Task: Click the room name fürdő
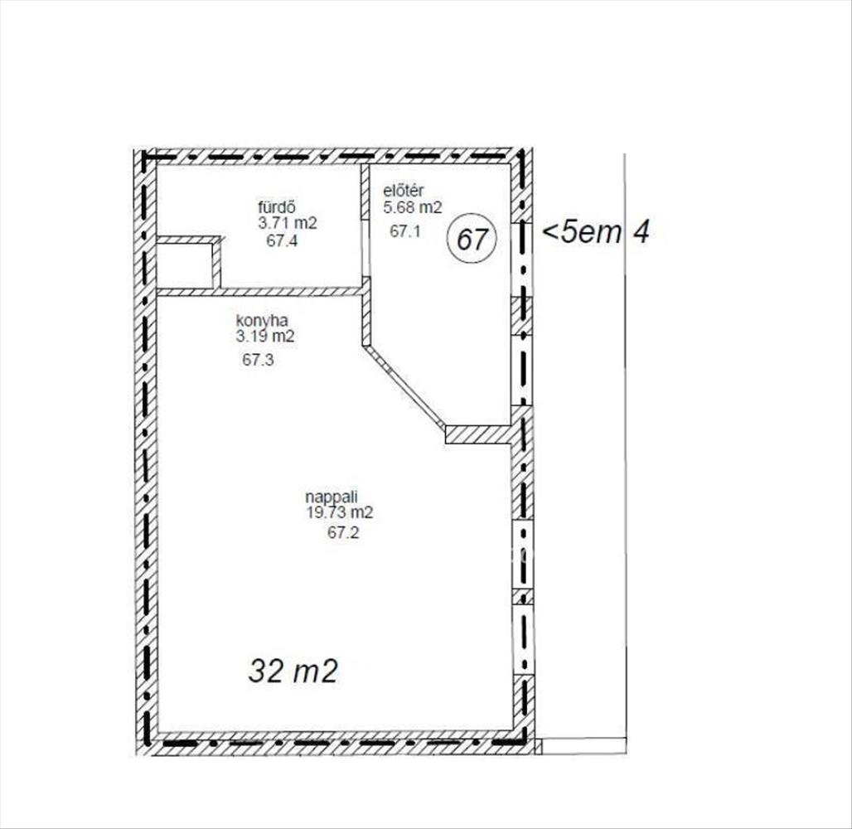click(277, 207)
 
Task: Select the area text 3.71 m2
click(288, 224)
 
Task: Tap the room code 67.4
click(282, 240)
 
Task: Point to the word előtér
click(403, 191)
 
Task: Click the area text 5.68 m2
click(413, 207)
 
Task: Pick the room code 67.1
click(405, 231)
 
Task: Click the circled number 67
click(472, 238)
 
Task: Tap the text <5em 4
click(596, 233)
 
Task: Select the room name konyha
click(261, 320)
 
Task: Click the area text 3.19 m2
click(265, 337)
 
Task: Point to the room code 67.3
click(258, 360)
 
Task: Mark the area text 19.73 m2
click(340, 512)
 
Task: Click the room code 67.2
click(343, 533)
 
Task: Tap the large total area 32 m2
click(293, 671)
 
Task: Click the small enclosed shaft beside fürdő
click(184, 265)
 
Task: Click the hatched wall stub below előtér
click(479, 434)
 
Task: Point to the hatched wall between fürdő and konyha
click(259, 292)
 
